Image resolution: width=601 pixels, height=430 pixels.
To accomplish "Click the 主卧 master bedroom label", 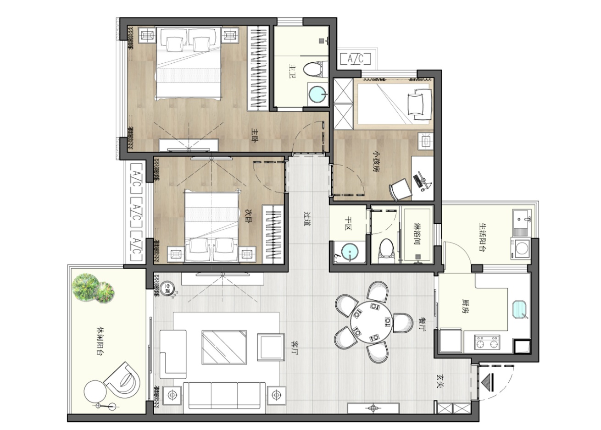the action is [x=254, y=135].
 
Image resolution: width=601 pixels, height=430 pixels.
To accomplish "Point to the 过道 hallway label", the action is [x=307, y=219].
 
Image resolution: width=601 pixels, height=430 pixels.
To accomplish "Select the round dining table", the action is [x=372, y=322].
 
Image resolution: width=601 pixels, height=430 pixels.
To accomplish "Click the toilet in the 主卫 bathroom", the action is [x=316, y=69].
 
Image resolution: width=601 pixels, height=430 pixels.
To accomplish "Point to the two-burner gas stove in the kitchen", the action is [x=487, y=342].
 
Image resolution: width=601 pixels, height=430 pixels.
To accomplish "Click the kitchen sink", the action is [x=520, y=309].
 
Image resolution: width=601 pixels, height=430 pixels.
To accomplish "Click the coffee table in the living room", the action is [x=224, y=347].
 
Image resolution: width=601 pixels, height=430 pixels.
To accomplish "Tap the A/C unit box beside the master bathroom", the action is [x=355, y=59].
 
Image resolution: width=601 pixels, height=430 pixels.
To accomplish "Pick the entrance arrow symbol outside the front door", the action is [x=487, y=382].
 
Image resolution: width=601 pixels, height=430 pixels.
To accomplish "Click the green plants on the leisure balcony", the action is [x=93, y=288].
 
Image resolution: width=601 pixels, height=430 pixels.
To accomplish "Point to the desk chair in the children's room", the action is [x=401, y=189].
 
